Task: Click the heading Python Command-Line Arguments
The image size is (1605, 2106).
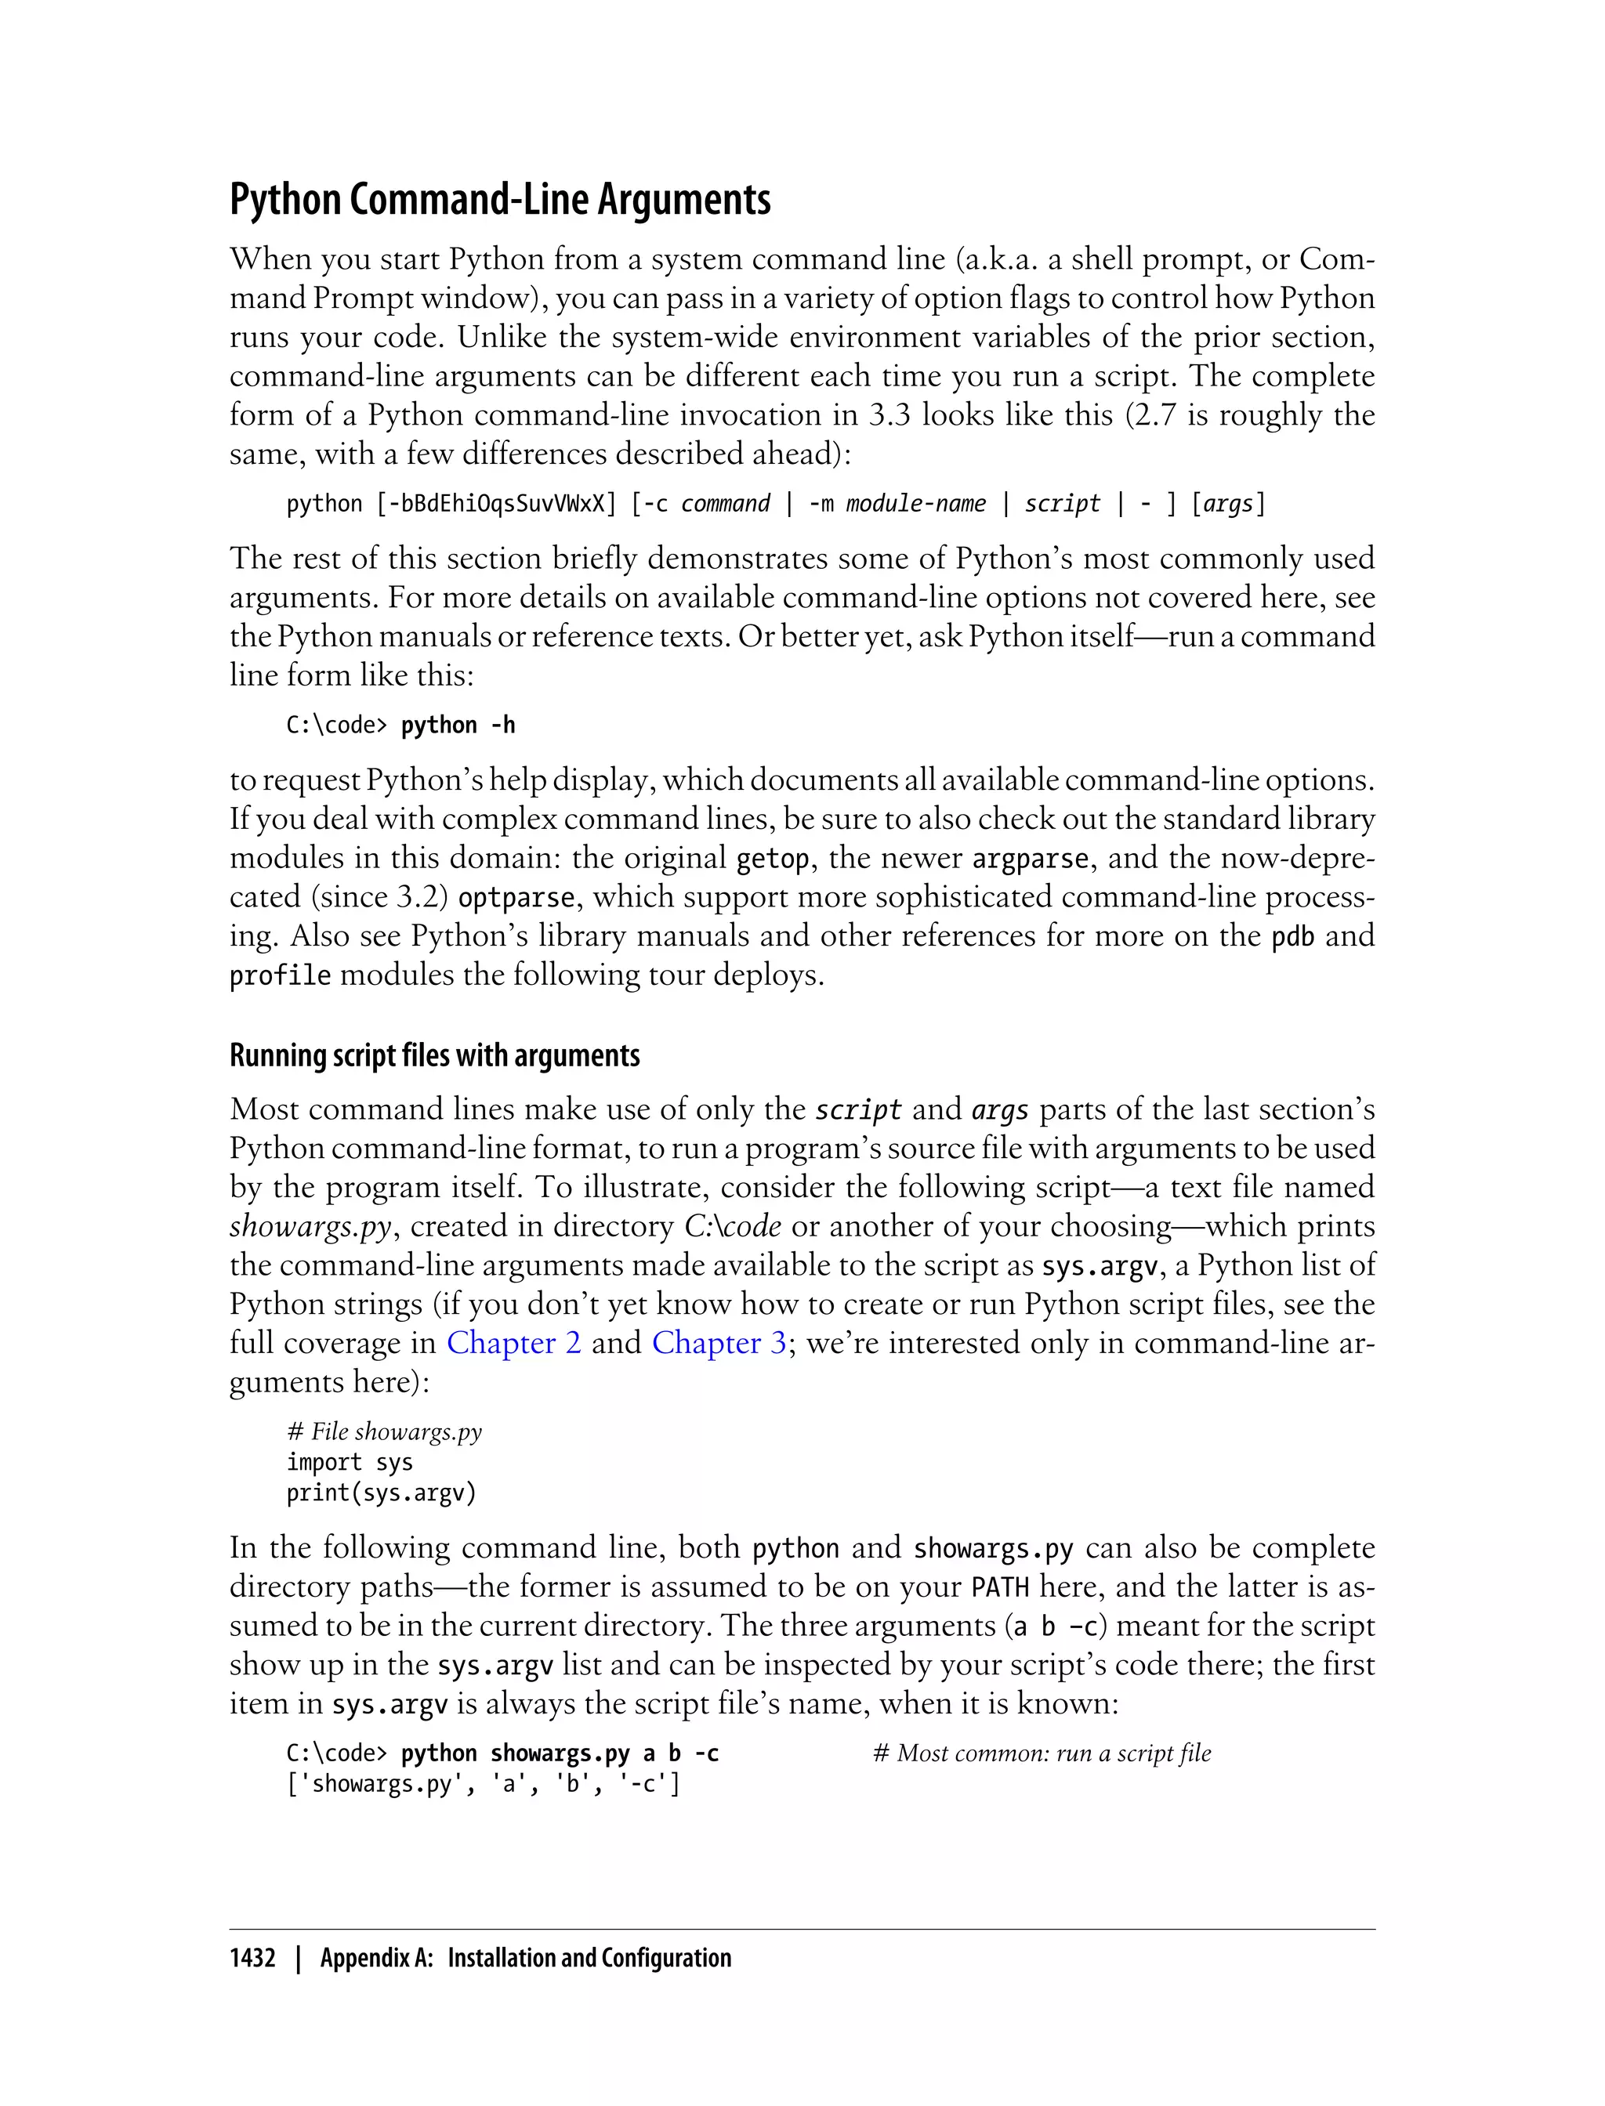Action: click(x=500, y=200)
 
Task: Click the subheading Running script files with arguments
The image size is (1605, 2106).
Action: click(x=435, y=1055)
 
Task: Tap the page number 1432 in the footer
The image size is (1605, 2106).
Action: click(x=252, y=1958)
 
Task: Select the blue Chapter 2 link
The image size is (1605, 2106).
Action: click(x=513, y=1343)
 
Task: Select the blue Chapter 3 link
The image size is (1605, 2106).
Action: click(x=719, y=1343)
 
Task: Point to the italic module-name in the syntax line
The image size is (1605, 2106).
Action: click(x=915, y=503)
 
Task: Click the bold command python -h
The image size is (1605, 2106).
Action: click(x=458, y=725)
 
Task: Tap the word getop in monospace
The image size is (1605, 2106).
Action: click(x=773, y=859)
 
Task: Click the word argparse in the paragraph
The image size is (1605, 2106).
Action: click(x=1030, y=859)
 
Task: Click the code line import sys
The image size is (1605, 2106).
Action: click(x=350, y=1462)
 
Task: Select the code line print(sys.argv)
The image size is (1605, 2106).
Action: click(x=381, y=1493)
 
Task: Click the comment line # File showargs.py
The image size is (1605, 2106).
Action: click(x=384, y=1431)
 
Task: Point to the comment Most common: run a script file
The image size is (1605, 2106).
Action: click(x=1042, y=1753)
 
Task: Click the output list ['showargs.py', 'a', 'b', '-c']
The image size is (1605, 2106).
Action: click(x=484, y=1783)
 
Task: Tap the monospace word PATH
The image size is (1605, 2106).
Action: click(x=999, y=1587)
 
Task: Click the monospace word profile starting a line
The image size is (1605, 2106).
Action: click(x=280, y=976)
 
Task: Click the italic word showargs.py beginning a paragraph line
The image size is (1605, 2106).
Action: click(x=310, y=1226)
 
